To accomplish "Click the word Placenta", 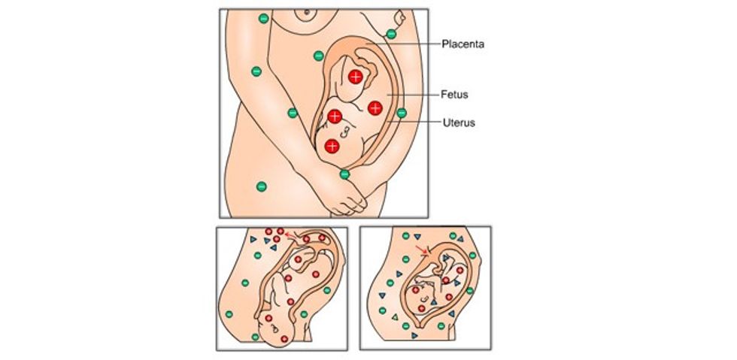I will (x=463, y=44).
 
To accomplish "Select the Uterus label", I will (x=458, y=122).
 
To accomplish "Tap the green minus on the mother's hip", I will (x=261, y=186).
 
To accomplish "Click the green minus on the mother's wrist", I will (x=344, y=174).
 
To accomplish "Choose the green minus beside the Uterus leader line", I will (x=402, y=113).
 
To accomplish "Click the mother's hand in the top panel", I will (x=347, y=200).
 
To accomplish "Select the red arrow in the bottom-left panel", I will (x=290, y=236).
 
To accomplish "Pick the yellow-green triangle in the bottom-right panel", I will (x=393, y=316).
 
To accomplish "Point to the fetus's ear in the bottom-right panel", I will (x=426, y=299).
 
